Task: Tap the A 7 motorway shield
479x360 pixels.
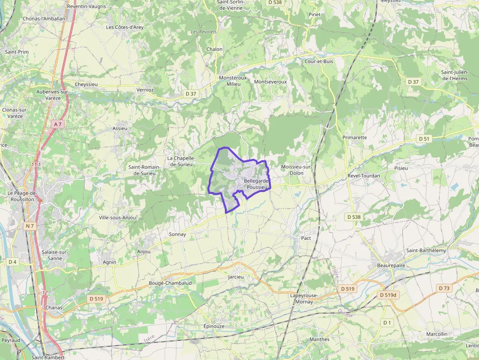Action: [x=58, y=124]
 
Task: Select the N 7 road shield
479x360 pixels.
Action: [x=30, y=226]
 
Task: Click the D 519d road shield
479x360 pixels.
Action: [x=389, y=295]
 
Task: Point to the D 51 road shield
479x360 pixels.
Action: [x=424, y=139]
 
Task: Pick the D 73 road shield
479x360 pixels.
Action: [x=444, y=288]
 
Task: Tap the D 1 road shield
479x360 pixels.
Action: [x=387, y=322]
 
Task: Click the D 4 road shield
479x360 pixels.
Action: [x=13, y=262]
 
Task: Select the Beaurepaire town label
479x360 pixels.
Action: [x=392, y=265]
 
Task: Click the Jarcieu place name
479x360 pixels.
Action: [x=236, y=276]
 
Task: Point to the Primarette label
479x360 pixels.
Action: [x=354, y=137]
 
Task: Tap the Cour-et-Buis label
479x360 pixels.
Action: [x=319, y=62]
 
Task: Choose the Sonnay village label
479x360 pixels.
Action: [x=177, y=234]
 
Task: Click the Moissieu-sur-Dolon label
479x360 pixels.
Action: [x=296, y=169]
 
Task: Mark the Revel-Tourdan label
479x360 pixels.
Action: [x=364, y=175]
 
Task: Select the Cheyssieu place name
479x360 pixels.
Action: [x=87, y=84]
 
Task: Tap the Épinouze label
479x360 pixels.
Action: [x=214, y=326]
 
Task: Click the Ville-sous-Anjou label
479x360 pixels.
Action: [x=117, y=217]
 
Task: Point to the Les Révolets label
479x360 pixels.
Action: [x=204, y=32]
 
